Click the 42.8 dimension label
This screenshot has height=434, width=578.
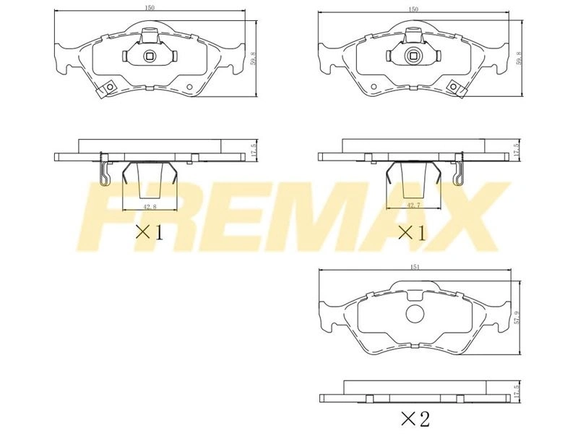click(150, 207)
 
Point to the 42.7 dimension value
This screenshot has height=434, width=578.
click(413, 205)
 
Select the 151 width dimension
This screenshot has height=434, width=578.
click(414, 267)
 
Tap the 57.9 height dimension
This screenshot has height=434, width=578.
click(517, 317)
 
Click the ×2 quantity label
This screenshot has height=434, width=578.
click(415, 419)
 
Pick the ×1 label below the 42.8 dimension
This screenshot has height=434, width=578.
click(150, 232)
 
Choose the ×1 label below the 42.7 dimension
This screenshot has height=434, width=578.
click(413, 233)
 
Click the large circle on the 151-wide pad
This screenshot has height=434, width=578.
click(415, 314)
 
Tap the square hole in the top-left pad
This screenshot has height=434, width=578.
click(150, 56)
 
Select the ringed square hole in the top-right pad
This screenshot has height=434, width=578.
click(413, 56)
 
